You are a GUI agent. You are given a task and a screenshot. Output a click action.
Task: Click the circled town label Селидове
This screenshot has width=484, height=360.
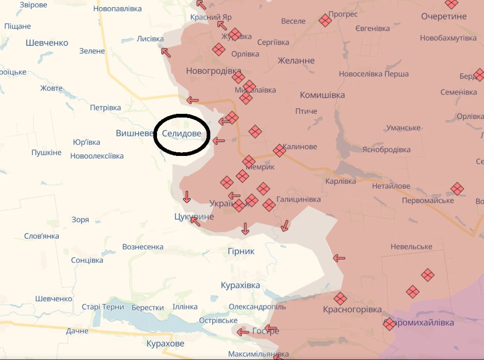pyautogui.click(x=182, y=133)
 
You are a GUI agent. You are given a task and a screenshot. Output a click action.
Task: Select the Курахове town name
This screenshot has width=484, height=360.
pyautogui.click(x=165, y=343)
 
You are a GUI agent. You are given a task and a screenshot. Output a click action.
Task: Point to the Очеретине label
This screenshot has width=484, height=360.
pyautogui.click(x=444, y=16)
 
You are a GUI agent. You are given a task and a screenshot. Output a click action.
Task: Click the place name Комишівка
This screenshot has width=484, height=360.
pyautogui.click(x=322, y=95)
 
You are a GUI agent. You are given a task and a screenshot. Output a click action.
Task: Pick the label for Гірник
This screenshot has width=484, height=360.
pyautogui.click(x=241, y=251)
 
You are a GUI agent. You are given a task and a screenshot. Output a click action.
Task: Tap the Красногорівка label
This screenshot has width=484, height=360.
pyautogui.click(x=352, y=310)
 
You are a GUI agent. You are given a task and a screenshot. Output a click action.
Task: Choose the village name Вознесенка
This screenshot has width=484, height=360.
pyautogui.click(x=143, y=247)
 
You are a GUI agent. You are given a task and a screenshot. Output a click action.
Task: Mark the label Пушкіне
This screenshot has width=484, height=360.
pyautogui.click(x=46, y=153)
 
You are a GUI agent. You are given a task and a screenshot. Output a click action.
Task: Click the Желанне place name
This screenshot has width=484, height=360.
pyautogui.click(x=296, y=60)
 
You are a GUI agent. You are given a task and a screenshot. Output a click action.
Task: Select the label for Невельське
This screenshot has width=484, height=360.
pyautogui.click(x=411, y=247)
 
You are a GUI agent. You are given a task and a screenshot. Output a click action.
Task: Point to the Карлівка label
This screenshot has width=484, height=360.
pyautogui.click(x=340, y=181)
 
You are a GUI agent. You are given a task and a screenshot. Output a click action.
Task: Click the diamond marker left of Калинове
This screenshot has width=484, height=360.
pyautogui.click(x=279, y=150)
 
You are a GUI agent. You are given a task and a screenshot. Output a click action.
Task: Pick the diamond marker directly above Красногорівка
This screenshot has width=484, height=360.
pyautogui.click(x=340, y=298)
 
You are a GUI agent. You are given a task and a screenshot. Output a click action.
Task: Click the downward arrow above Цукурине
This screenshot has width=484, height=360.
pyautogui.click(x=187, y=197)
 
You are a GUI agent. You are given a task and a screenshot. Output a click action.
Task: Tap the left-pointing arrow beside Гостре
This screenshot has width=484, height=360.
pyautogui.click(x=243, y=331)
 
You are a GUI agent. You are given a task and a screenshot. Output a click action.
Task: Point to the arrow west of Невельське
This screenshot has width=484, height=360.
pyautogui.click(x=339, y=258)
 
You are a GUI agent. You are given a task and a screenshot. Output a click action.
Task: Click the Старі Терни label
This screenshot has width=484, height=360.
pyautogui.click(x=103, y=307)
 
